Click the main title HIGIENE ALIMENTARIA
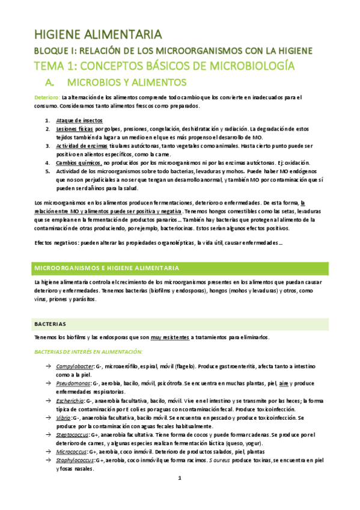[97, 33]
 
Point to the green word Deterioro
[46, 97]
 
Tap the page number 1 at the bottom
[180, 494]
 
